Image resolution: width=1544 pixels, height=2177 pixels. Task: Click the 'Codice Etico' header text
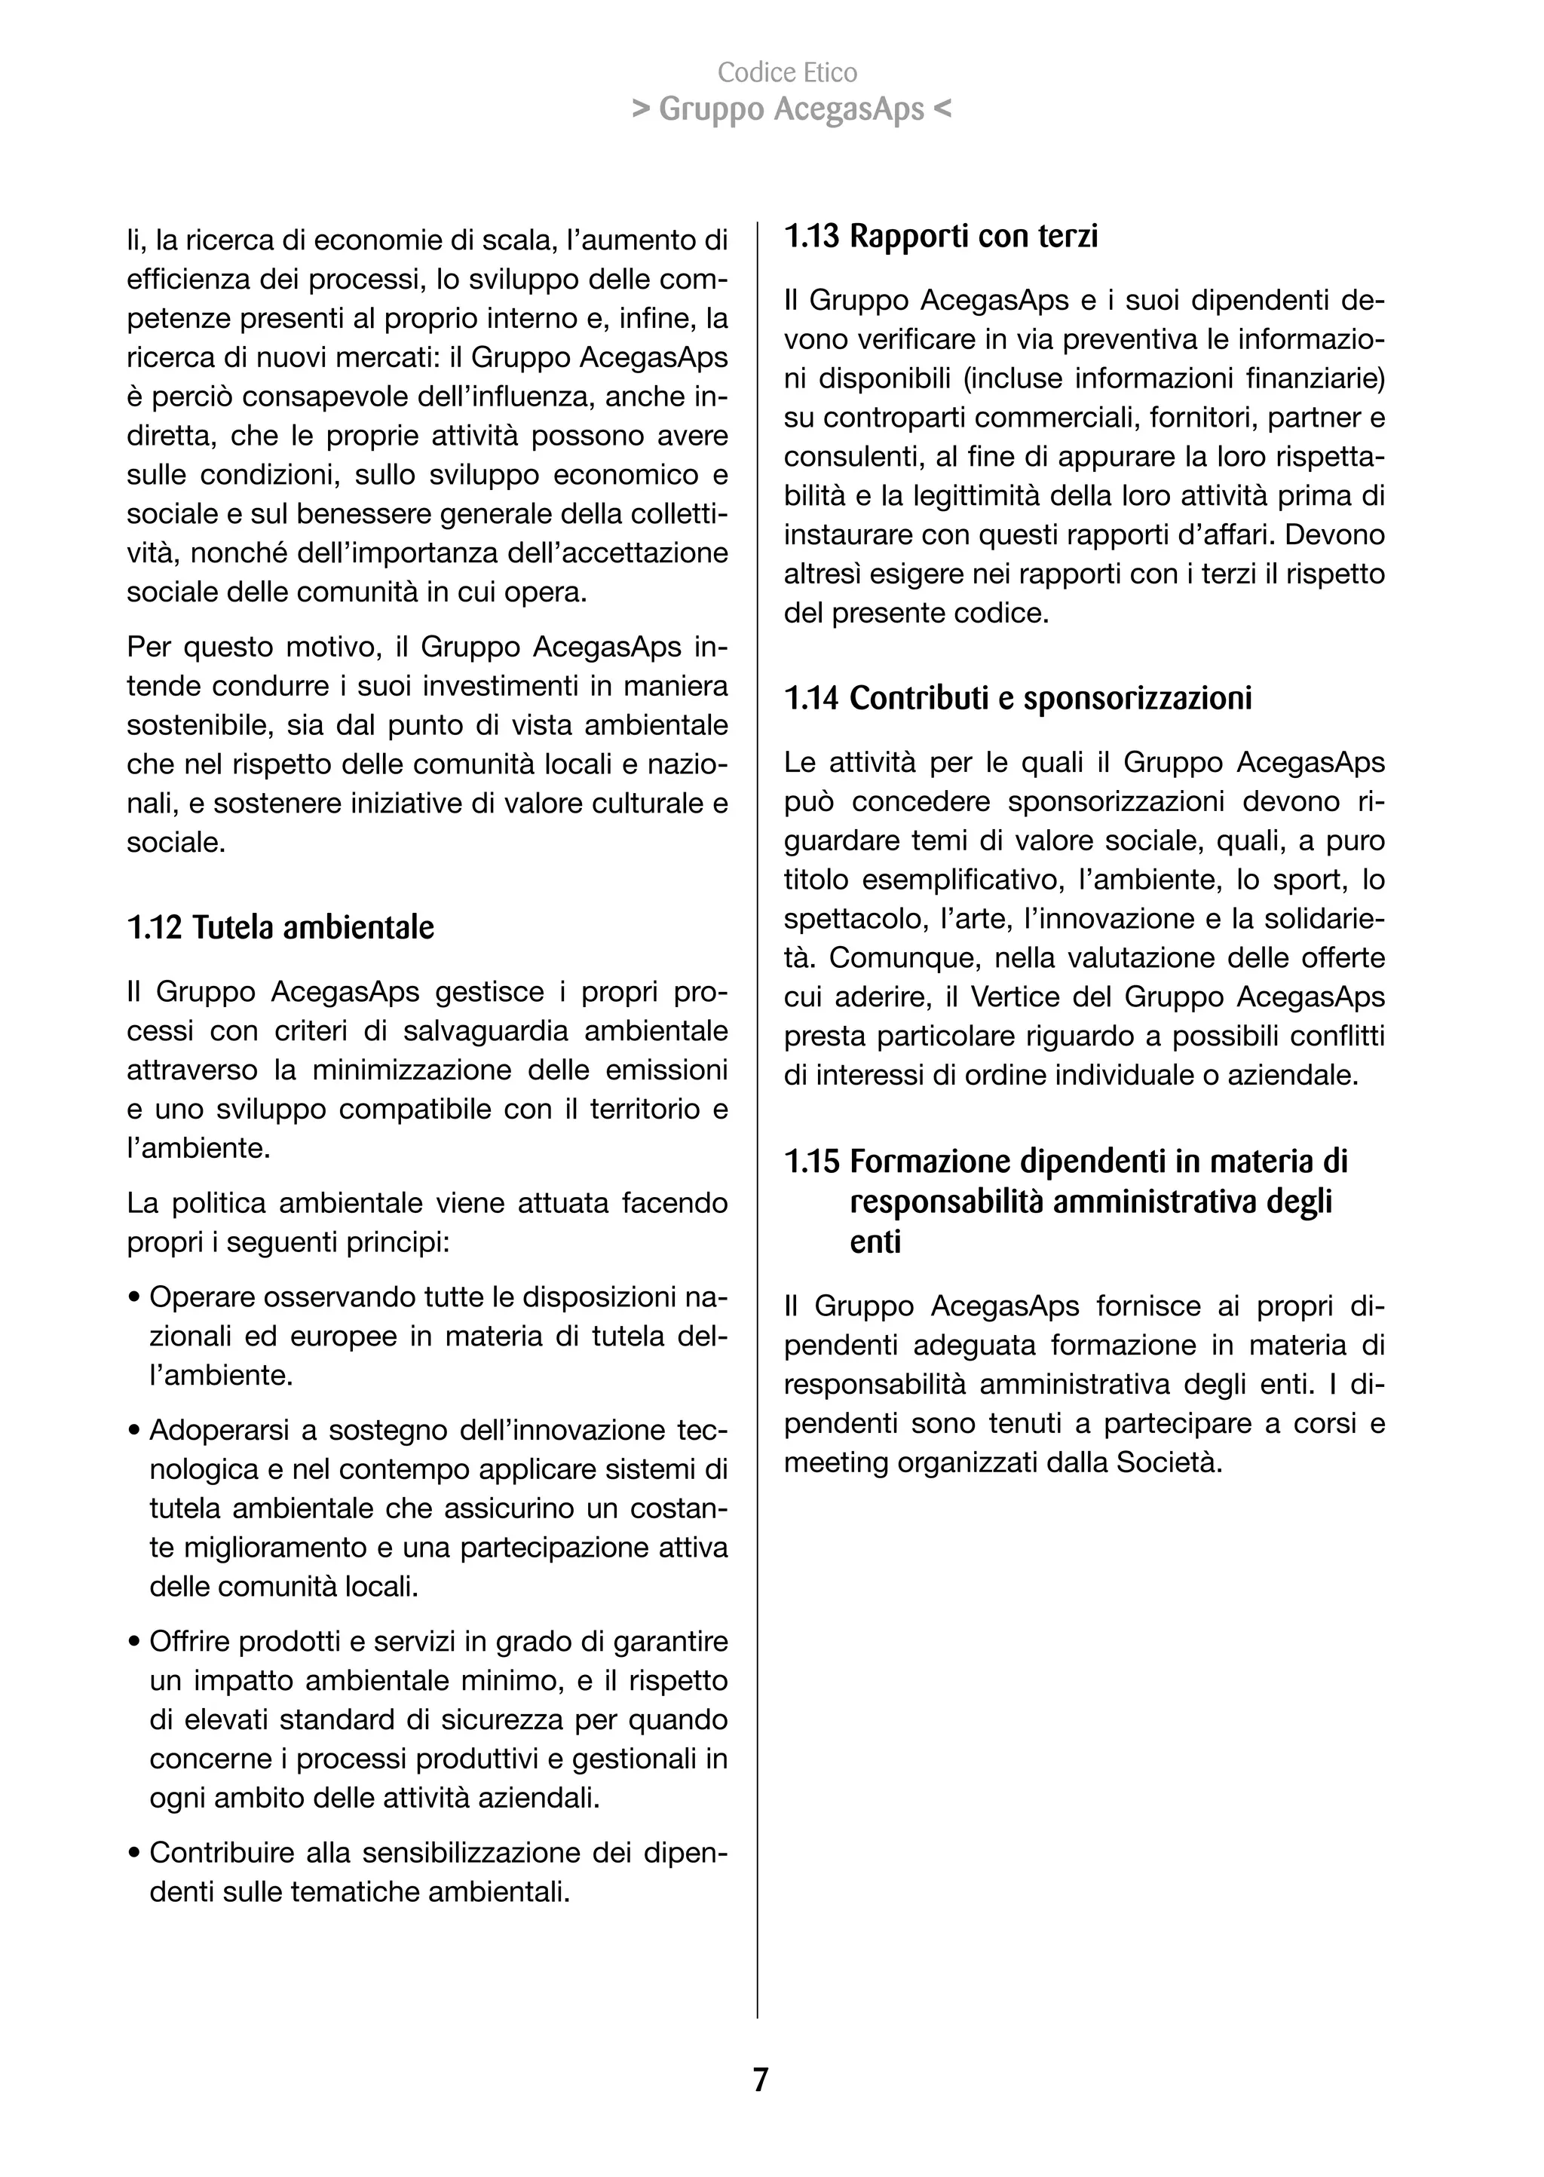(x=787, y=72)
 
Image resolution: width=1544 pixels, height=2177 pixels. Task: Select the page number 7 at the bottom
(x=760, y=2080)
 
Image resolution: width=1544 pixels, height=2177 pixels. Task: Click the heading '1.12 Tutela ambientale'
(x=280, y=928)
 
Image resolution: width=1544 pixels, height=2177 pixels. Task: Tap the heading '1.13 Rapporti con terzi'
(x=940, y=236)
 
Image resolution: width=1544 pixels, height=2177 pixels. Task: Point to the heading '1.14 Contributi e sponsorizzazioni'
(x=1017, y=698)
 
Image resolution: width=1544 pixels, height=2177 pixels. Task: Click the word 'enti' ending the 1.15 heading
(x=875, y=1242)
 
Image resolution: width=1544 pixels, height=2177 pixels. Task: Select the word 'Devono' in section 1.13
(x=1336, y=535)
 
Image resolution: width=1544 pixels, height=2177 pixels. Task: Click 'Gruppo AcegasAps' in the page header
(x=791, y=110)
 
